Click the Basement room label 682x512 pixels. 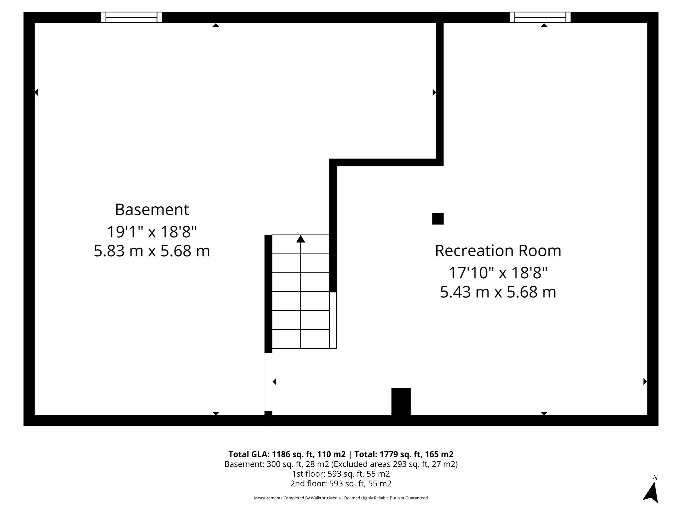pos(152,210)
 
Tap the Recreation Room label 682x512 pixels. pos(498,251)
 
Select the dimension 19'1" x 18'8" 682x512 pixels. pos(152,232)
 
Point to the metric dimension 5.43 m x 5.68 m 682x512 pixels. pos(498,292)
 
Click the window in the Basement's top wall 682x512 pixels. pos(131,17)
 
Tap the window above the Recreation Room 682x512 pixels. pos(540,17)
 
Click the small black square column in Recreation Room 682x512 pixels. pos(438,219)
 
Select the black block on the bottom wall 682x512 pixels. pos(401,401)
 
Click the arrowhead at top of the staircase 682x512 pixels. pos(301,239)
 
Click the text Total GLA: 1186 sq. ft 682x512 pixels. pos(287,454)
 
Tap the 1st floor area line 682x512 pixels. pos(341,474)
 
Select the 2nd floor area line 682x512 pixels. pos(341,483)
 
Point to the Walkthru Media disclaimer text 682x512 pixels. pos(341,498)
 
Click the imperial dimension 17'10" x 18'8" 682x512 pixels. pos(498,273)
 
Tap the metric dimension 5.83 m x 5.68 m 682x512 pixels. pos(152,251)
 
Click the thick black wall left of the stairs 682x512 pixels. pos(268,293)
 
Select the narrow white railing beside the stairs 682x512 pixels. pos(333,320)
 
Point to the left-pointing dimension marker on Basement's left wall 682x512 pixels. pos(36,92)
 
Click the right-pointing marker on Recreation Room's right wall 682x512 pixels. pos(645,381)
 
